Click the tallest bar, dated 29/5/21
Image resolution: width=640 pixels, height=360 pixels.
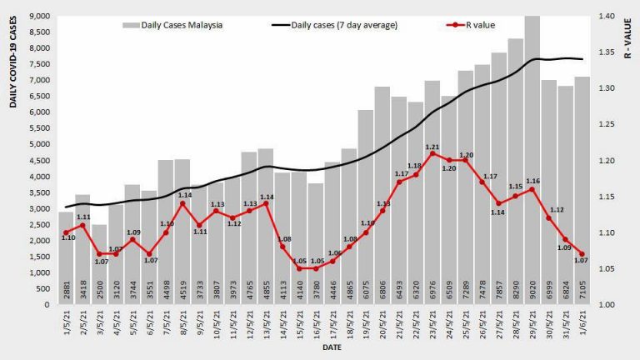coord(532,158)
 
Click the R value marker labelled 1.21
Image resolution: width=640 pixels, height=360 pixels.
coord(432,153)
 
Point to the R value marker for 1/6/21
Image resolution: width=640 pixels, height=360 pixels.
coord(582,254)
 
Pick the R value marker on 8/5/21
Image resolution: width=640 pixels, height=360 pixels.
coord(182,203)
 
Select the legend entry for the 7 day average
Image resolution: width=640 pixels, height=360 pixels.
coord(334,25)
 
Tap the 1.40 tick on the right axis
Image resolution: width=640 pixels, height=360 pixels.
coord(606,17)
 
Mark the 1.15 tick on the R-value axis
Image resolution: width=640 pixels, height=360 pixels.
coord(606,197)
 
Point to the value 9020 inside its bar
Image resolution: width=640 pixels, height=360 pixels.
coord(532,292)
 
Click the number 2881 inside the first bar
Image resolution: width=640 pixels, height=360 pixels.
coord(66,292)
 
